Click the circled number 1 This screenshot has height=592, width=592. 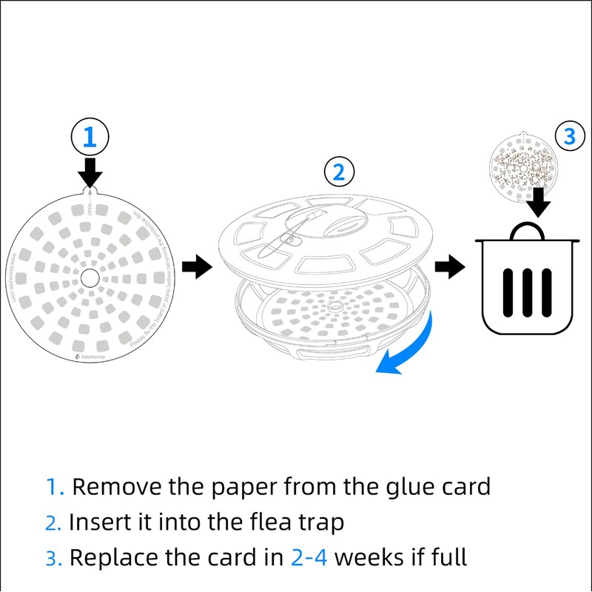90,137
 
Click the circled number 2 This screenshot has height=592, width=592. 338,172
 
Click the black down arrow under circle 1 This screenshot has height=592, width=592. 90,172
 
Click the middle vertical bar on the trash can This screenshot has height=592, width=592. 527,289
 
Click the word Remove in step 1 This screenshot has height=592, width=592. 115,487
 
